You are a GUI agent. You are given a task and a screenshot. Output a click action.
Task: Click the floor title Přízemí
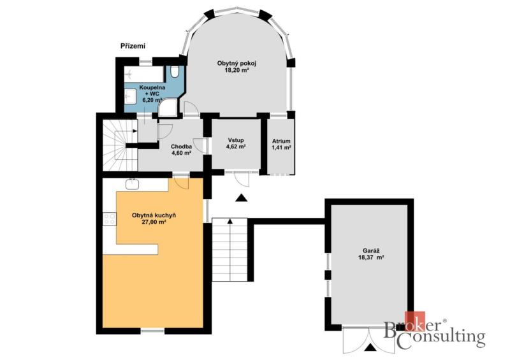pos(133,46)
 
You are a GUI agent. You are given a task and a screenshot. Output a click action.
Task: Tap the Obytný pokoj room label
pos(235,63)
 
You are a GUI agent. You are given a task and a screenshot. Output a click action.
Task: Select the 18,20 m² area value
pos(237,69)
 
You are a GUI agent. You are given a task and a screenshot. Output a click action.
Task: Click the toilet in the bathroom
pos(175,71)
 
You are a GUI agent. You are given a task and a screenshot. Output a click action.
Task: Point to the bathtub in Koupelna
pos(143,75)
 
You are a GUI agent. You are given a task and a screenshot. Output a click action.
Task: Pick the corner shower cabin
pos(169,108)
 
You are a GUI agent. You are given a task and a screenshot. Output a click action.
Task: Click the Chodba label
pos(181,147)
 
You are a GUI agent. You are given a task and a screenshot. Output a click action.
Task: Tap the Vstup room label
pos(235,140)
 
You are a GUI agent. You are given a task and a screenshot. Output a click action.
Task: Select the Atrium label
pos(281,141)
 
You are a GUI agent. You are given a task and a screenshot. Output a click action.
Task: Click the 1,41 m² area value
pos(281,147)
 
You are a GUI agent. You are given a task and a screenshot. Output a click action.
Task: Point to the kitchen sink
pos(133,184)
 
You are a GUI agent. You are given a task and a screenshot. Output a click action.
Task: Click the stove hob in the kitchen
pos(109,218)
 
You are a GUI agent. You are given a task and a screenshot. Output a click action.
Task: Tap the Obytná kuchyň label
pos(154,215)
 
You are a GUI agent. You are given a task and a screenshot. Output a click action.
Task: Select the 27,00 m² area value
pos(154,222)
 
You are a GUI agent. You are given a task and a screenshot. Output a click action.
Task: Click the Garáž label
pos(371,251)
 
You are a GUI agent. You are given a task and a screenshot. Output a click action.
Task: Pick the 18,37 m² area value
pos(371,257)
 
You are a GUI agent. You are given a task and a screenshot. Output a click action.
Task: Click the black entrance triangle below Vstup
pos(241,198)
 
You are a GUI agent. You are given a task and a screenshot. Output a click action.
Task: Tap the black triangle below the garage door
pos(370,348)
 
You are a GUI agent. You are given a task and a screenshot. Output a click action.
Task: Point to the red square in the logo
pos(415,322)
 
